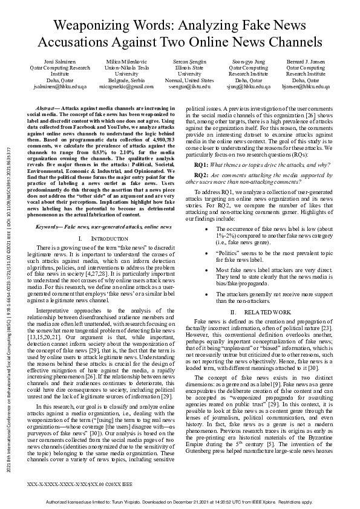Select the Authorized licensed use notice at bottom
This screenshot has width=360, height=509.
[180, 502]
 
